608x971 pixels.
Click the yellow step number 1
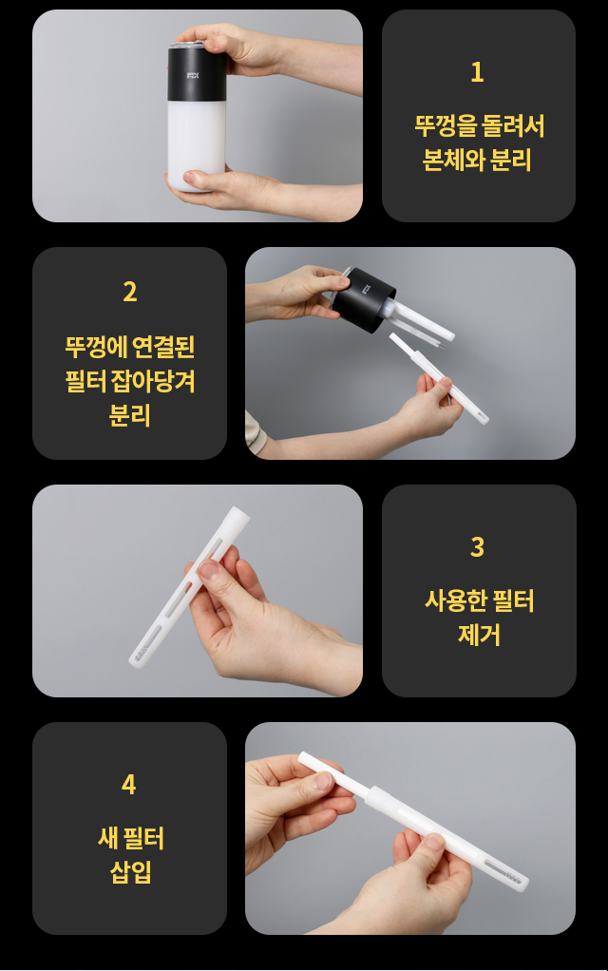coord(477,72)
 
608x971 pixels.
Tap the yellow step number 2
coord(130,292)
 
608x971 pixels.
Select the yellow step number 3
coord(477,547)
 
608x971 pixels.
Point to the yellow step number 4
coord(129,784)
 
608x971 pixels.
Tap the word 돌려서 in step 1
coord(515,126)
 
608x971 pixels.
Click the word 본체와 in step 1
coord(452,161)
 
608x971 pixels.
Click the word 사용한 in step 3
coord(455,600)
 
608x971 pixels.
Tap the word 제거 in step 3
coord(479,635)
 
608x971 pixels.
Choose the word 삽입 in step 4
coord(131,872)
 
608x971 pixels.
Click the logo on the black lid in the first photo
coord(193,76)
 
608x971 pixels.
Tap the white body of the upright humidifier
coord(196,143)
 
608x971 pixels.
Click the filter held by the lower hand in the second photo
coord(439,379)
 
